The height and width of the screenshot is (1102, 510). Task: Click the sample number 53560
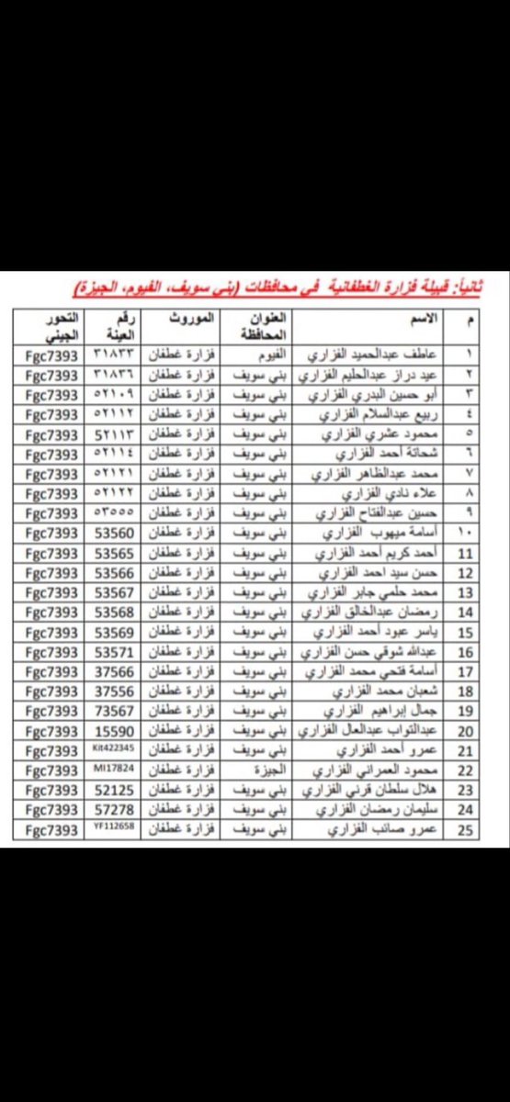pyautogui.click(x=115, y=534)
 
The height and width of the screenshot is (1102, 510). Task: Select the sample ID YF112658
pyautogui.click(x=115, y=829)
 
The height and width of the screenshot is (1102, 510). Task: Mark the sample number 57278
pyautogui.click(x=115, y=810)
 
